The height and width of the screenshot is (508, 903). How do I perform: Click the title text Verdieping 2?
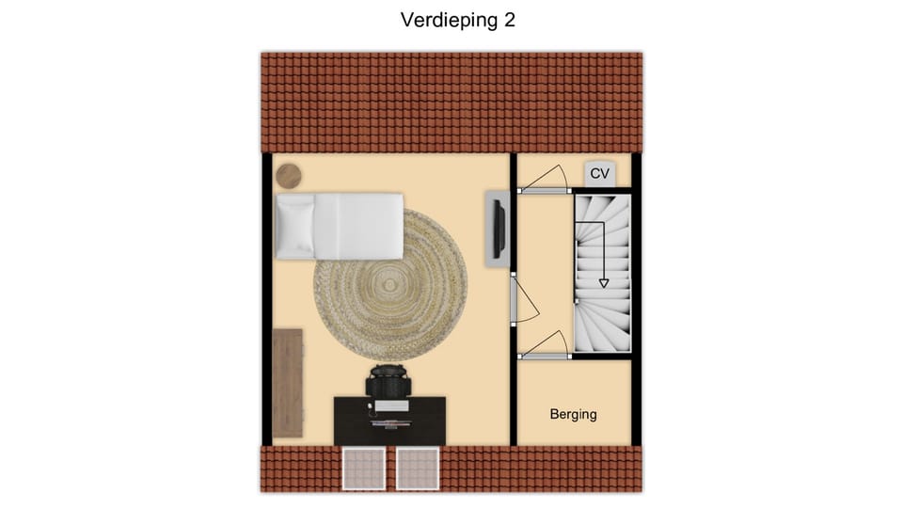457,20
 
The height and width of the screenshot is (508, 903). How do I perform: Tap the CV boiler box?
600,174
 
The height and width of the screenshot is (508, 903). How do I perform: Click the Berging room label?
573,414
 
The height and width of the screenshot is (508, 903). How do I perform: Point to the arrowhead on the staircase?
603,281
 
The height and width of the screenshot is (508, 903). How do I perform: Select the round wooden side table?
288,175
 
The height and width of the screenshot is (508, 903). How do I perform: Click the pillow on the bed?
294,226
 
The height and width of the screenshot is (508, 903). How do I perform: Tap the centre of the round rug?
390,284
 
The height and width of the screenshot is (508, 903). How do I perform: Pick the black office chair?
389,381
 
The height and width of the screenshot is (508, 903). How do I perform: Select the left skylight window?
363,468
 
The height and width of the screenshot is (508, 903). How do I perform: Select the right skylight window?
418,468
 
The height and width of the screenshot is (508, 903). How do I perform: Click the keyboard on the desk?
389,406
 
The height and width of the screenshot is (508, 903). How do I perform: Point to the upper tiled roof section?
451,102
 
